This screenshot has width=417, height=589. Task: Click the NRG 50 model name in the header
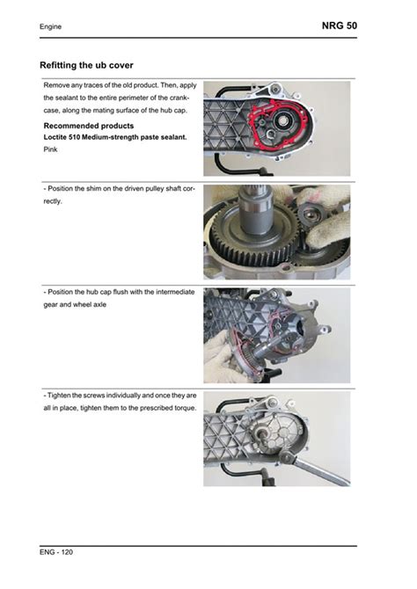(340, 25)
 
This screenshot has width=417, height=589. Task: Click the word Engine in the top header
(50, 26)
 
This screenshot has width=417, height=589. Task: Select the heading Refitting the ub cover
(86, 65)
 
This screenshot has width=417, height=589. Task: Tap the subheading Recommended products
(89, 126)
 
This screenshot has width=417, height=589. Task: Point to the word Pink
(50, 149)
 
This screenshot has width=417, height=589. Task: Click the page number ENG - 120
(56, 552)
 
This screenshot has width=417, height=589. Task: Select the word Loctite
(55, 137)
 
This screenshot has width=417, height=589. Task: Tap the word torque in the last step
(187, 408)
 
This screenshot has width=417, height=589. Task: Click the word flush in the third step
(121, 292)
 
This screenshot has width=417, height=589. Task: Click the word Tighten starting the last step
(59, 396)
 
